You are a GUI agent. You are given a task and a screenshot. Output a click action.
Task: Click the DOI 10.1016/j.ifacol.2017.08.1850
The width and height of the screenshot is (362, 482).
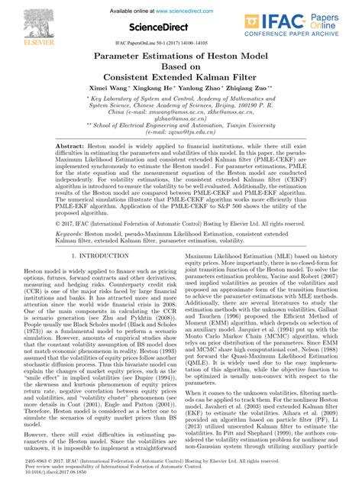pos(58,474)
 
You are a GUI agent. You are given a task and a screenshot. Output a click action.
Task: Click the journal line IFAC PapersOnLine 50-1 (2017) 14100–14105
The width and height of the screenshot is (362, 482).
pos(180,45)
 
